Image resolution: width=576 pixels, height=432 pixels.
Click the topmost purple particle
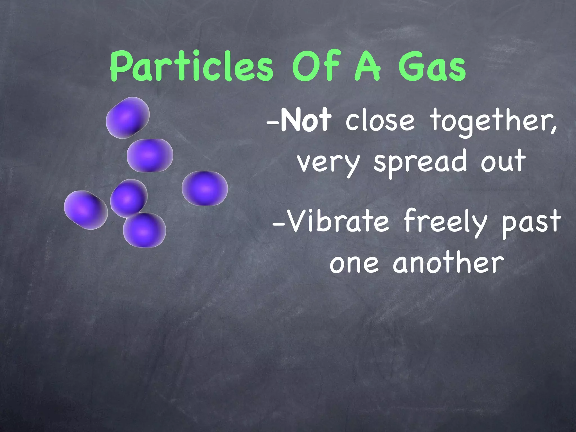tap(128, 118)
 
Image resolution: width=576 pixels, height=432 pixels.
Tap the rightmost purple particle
tap(205, 188)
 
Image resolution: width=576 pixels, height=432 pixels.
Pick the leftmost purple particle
tap(86, 210)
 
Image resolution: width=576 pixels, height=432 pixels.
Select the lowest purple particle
tap(145, 230)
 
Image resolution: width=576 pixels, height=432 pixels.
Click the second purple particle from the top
tap(150, 155)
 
